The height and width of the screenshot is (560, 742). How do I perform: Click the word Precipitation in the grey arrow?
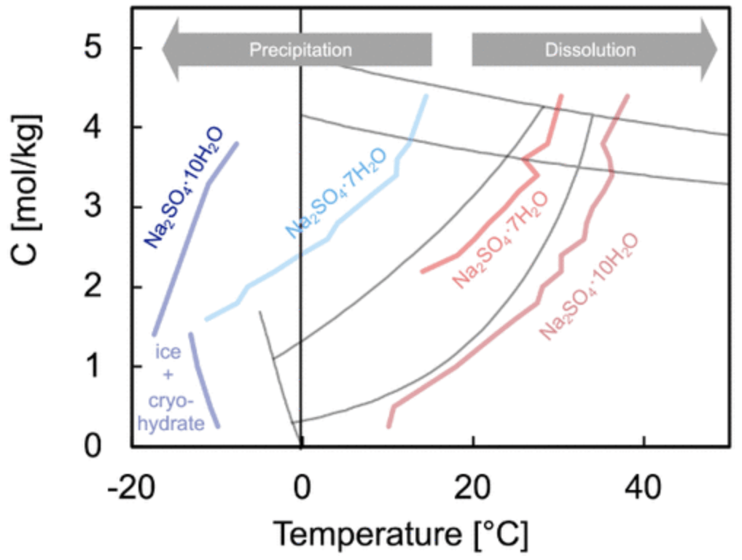point(300,50)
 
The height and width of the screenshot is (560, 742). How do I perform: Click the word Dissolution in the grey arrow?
point(590,50)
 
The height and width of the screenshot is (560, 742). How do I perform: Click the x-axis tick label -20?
point(130,485)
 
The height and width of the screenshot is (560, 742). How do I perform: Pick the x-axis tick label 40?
point(644,485)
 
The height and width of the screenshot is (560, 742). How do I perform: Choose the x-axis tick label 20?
point(473,485)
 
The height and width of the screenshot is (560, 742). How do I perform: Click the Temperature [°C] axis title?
point(399,534)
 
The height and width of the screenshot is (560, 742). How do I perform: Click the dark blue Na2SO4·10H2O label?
point(183,187)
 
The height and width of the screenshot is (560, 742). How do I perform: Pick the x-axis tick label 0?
point(301,485)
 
